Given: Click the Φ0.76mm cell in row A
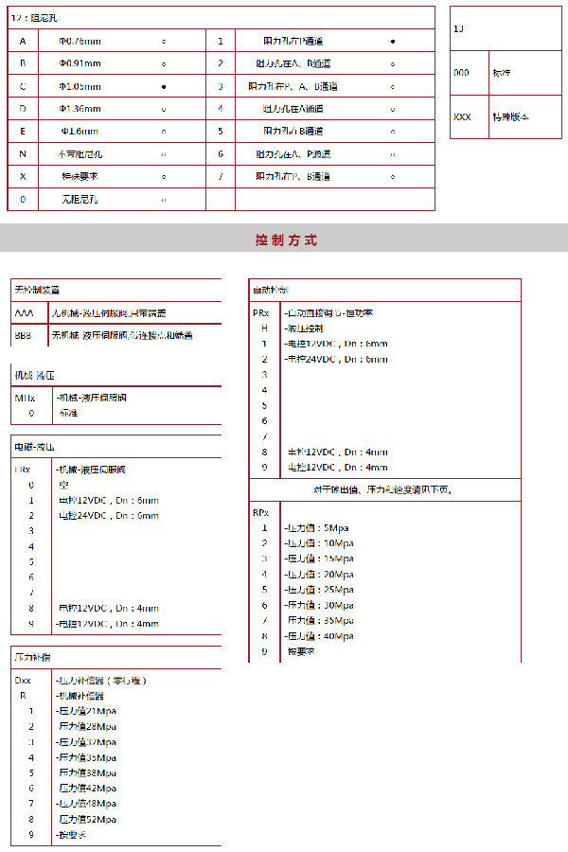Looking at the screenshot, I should [x=80, y=42].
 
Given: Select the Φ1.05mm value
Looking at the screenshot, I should [x=80, y=86].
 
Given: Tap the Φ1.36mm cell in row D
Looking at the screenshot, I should [x=80, y=109].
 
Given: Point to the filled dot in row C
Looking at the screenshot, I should [x=164, y=86].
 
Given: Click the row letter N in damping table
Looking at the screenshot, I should [x=23, y=153].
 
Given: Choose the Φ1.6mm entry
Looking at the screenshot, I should [x=80, y=131].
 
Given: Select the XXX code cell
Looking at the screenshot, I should [x=463, y=117].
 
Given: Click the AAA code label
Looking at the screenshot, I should [x=24, y=312].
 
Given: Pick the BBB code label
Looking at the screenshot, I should [x=24, y=335].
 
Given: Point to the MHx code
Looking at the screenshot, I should [x=26, y=398].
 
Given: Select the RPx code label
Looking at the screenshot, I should [x=260, y=512].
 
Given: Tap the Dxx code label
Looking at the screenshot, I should [x=24, y=680].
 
